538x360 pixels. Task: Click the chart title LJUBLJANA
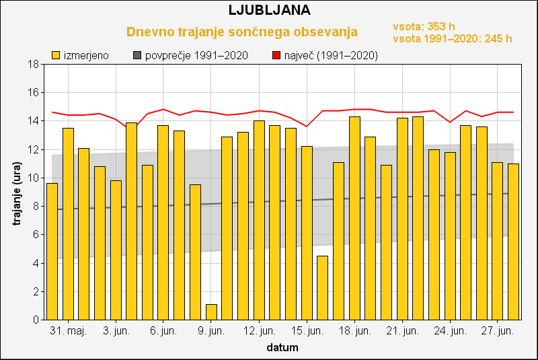coord(269,10)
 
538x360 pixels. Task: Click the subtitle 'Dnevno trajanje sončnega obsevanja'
coord(242,32)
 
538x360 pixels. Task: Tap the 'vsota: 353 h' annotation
coord(424,26)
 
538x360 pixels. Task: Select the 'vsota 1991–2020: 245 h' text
coord(452,38)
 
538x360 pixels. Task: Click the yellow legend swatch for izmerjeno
coord(56,55)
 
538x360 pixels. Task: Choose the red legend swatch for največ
coord(276,55)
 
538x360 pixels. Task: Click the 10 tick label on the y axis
coord(32,178)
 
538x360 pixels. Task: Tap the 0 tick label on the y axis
coord(34,320)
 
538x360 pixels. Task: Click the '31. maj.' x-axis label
coord(68,331)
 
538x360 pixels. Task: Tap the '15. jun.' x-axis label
coord(307,331)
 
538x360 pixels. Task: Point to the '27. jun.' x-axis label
coord(498,331)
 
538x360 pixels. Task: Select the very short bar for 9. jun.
coord(211,312)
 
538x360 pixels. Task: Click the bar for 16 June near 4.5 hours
coord(322,288)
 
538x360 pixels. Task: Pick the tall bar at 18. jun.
coord(354,219)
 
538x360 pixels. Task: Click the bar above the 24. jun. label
coord(450,236)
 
